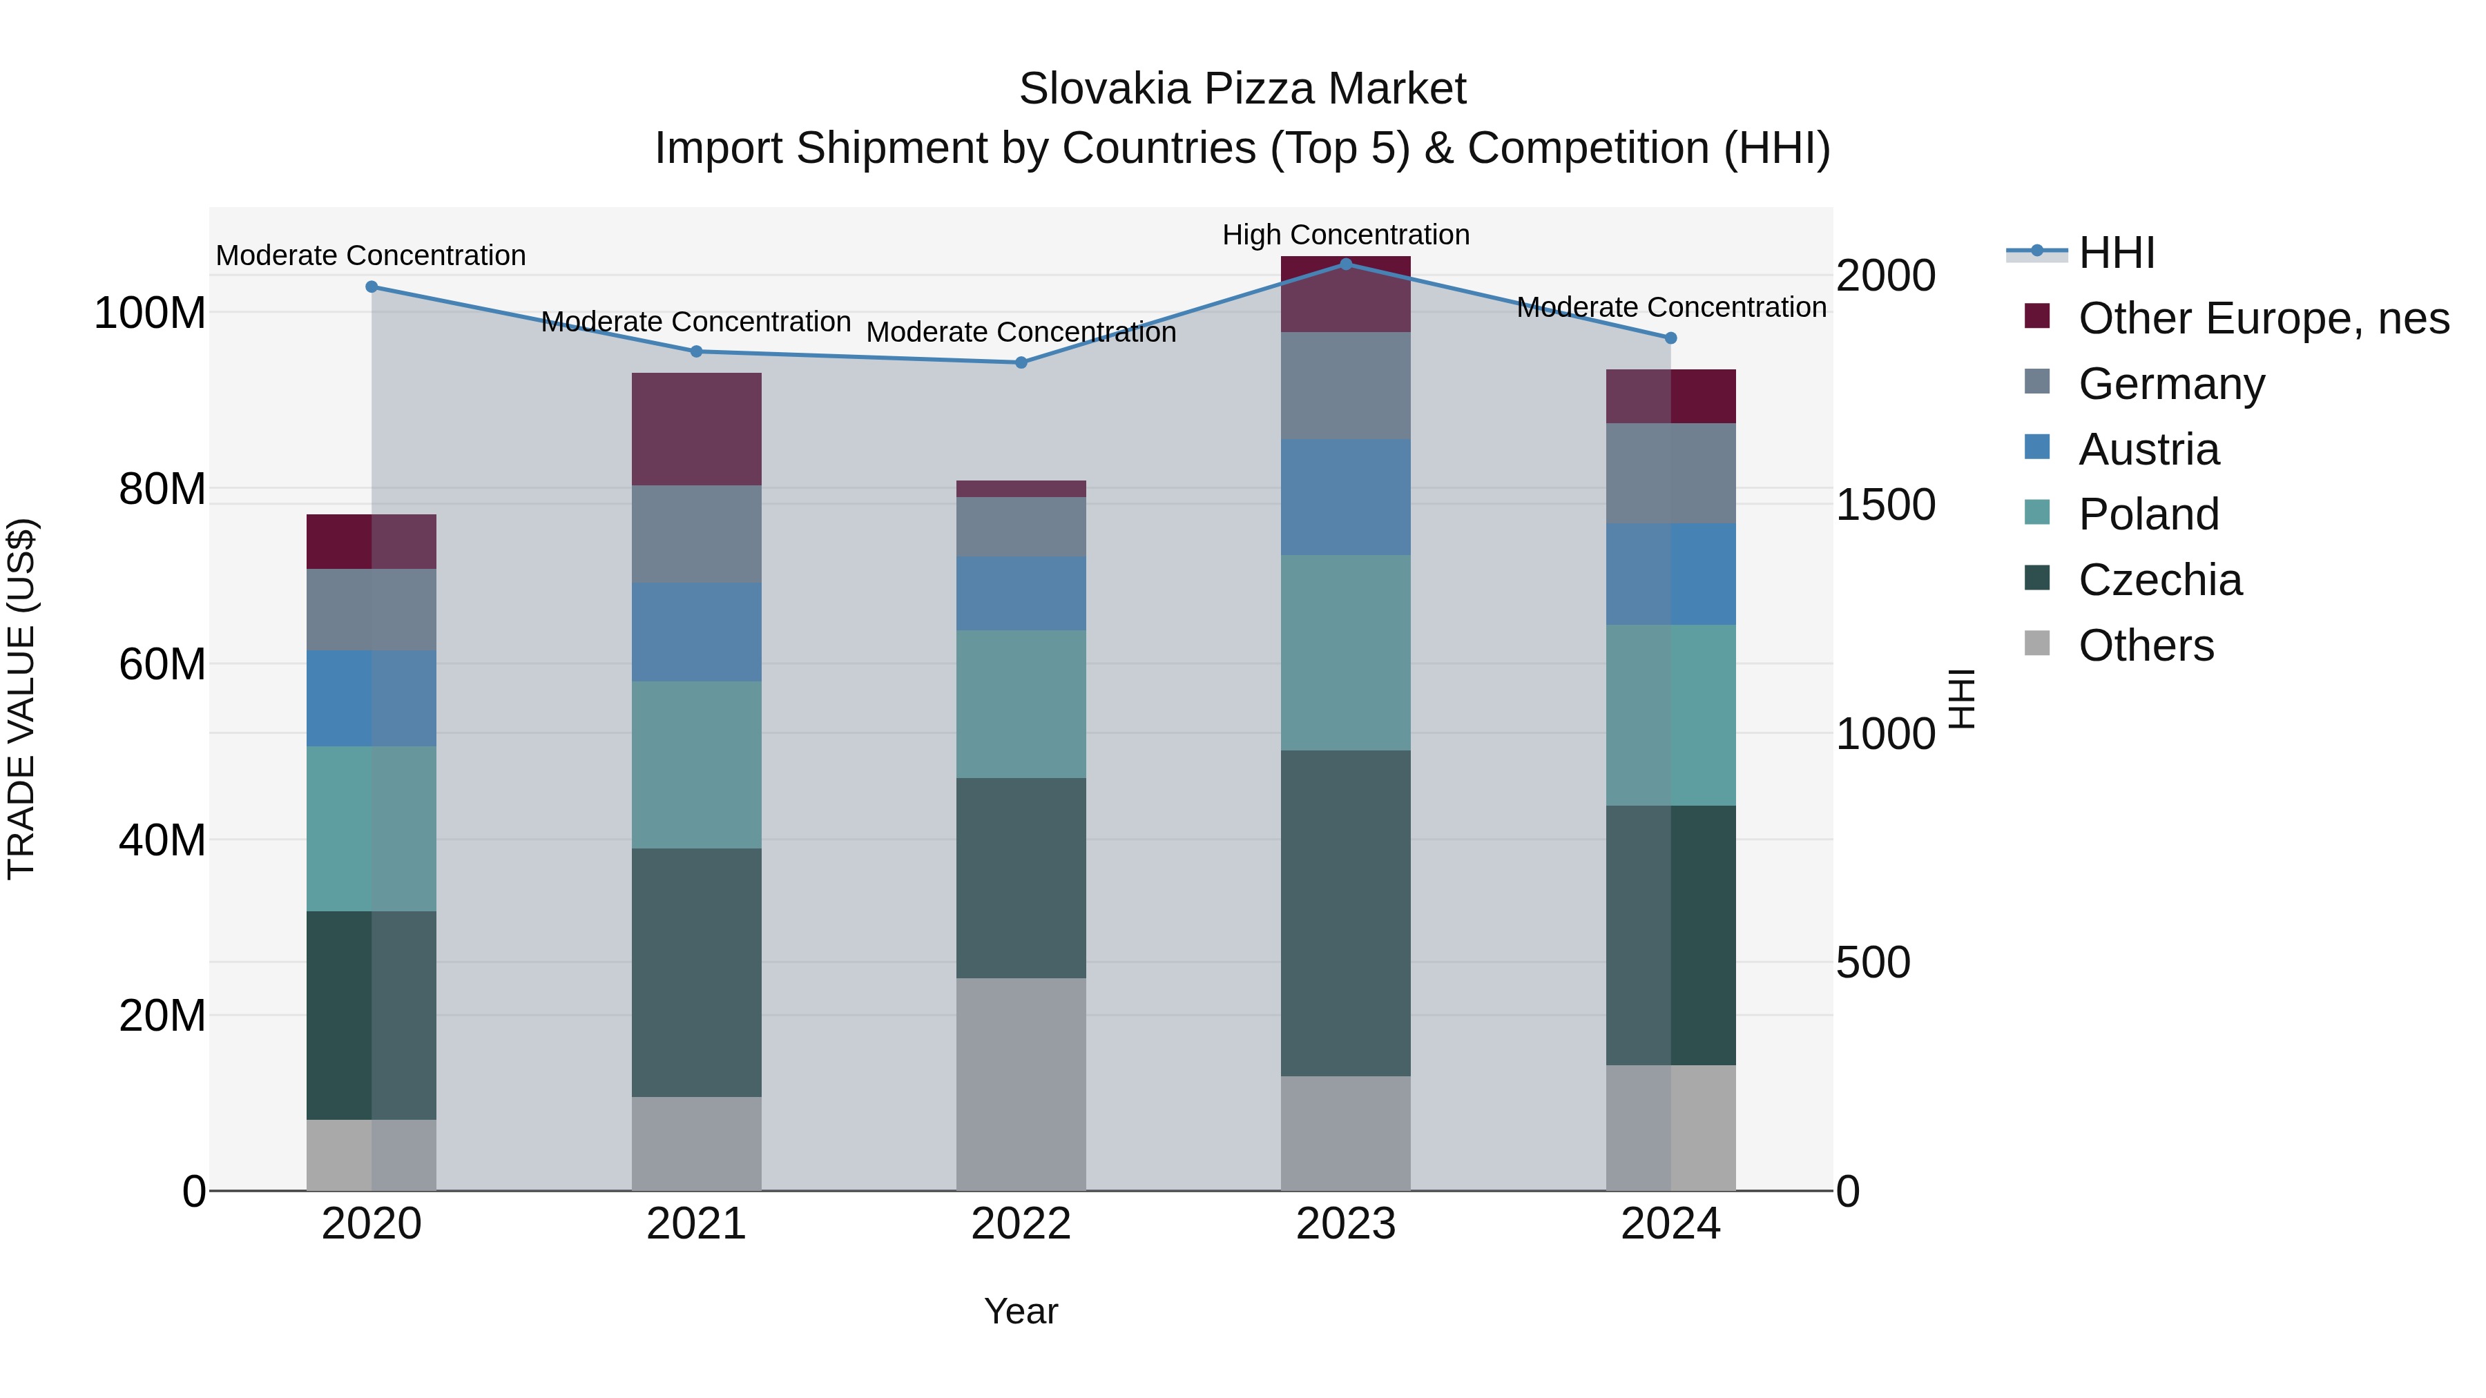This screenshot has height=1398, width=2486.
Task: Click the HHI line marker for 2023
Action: (x=1345, y=264)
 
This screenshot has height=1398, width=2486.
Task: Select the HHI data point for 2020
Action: (x=372, y=287)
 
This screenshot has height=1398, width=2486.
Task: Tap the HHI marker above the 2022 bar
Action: (x=1021, y=362)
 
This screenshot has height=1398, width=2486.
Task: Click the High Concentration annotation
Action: (x=1345, y=235)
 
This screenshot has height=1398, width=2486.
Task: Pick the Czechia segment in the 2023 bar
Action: (x=1345, y=913)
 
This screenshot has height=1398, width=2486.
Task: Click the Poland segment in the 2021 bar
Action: (x=696, y=765)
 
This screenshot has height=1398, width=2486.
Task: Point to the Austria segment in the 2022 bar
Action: (x=1021, y=593)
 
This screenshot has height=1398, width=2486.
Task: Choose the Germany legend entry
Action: (x=2171, y=384)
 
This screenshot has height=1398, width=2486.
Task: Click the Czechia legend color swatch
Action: (x=2036, y=578)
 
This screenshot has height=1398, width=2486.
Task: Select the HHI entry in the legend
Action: (x=2117, y=253)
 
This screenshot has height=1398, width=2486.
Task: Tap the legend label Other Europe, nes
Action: (x=2263, y=318)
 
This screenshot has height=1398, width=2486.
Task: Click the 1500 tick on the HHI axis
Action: (x=1885, y=505)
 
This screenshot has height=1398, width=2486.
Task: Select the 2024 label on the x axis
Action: (x=1670, y=1224)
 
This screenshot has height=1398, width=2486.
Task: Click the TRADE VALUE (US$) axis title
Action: (x=21, y=699)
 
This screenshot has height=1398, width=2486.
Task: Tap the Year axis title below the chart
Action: (x=1021, y=1311)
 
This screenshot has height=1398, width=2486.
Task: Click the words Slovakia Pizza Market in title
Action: (x=1242, y=89)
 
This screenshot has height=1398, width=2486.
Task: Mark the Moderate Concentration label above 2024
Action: (x=1670, y=307)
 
